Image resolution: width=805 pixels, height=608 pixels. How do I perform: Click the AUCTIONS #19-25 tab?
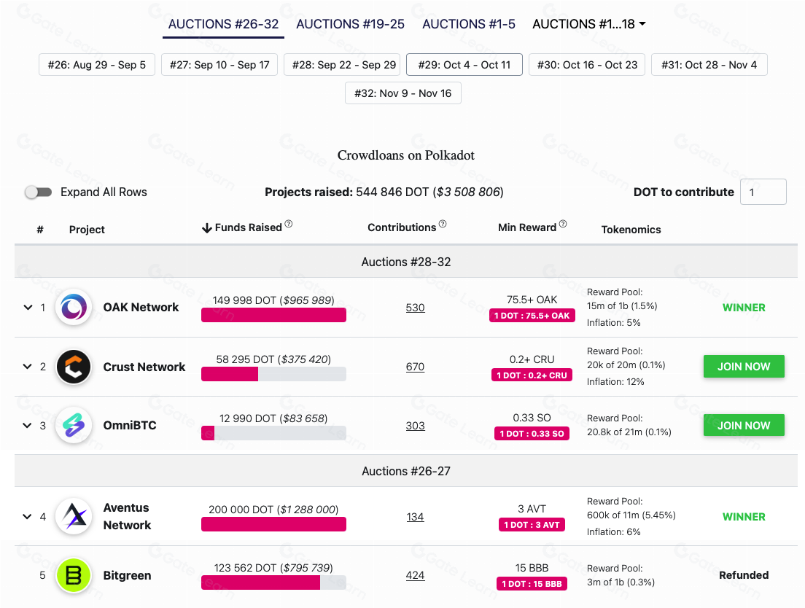[350, 24]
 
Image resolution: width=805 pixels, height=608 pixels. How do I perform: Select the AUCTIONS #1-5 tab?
[469, 24]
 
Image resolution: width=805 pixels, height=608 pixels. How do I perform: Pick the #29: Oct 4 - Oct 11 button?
[464, 65]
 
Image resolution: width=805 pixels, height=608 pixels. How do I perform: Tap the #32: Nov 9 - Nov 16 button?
[402, 93]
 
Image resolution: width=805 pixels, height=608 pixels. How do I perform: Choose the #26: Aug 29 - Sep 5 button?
[96, 65]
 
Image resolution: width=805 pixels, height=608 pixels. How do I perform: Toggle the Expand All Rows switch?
[39, 192]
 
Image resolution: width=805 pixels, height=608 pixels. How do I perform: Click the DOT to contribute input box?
[763, 192]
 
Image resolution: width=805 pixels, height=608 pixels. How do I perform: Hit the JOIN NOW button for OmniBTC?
[743, 425]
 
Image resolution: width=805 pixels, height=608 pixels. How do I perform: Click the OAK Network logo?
[73, 308]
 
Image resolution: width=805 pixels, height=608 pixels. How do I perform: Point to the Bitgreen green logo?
[73, 575]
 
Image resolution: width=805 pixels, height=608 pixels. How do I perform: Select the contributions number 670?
[415, 367]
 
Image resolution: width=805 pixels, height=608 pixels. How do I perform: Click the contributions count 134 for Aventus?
[415, 517]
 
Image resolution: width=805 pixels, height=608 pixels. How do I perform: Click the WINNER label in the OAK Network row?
[743, 308]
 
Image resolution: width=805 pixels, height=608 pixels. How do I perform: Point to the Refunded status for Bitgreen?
[743, 575]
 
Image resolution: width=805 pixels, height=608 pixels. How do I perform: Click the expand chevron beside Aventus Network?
[27, 517]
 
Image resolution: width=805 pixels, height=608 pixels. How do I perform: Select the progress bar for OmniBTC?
[273, 433]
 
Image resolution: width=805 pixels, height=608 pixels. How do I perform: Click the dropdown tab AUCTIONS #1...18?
[589, 24]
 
